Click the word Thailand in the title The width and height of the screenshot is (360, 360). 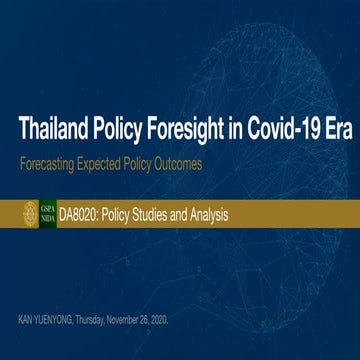58,129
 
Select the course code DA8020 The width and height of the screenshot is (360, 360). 80,213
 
